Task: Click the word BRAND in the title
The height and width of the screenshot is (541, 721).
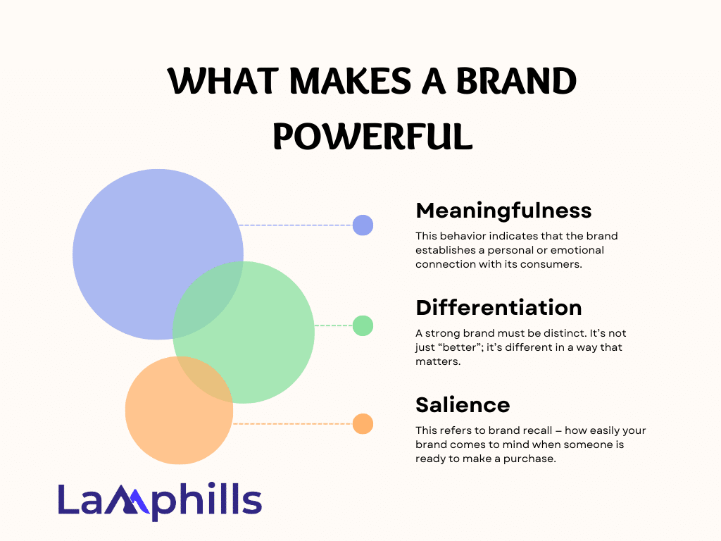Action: coord(516,81)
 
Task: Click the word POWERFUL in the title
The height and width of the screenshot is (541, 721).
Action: coord(373,136)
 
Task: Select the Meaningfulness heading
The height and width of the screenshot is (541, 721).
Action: coord(503,211)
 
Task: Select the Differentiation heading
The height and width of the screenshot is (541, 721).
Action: coord(499,307)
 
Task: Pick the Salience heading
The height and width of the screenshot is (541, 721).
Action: coord(463,405)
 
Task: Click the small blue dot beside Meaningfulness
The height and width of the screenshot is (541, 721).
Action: coord(363,225)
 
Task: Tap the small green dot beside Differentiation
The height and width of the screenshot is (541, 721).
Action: coord(363,325)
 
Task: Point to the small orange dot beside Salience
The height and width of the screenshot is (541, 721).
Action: coord(363,423)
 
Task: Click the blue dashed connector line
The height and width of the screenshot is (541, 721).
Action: coord(296,225)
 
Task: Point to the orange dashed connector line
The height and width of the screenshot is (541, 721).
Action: coord(293,423)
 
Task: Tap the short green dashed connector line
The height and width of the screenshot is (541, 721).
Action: coord(333,325)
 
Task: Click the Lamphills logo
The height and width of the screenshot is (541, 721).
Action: coord(160,501)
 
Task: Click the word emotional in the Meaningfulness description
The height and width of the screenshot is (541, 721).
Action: coord(577,250)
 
